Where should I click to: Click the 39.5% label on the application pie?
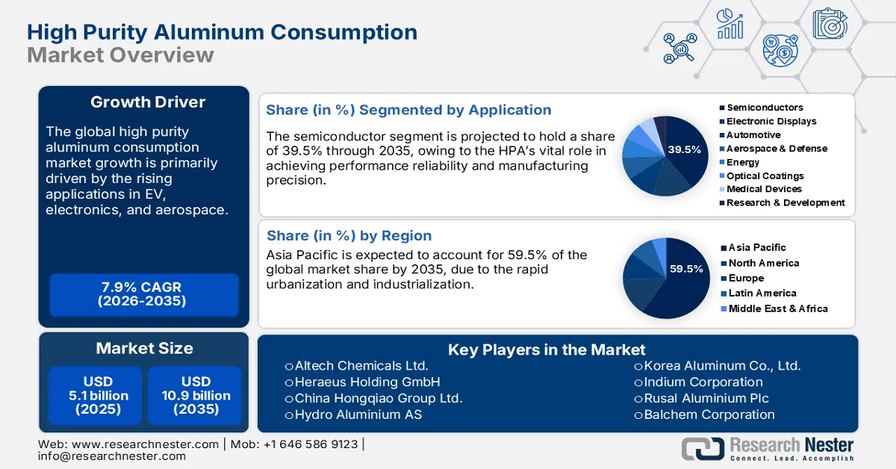(685, 149)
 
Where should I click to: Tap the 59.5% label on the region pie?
(687, 269)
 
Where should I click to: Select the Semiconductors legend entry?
(765, 108)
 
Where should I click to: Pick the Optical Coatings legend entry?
(765, 176)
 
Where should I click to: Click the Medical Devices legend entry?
(764, 189)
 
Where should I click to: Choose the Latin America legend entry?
(762, 293)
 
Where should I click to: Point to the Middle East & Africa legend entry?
(777, 308)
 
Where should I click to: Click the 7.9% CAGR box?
(144, 294)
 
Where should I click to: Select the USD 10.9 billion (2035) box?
(196, 395)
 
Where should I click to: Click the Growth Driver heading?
(148, 102)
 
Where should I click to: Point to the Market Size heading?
(144, 348)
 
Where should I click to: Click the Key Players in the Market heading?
(547, 350)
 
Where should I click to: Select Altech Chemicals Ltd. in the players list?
(361, 366)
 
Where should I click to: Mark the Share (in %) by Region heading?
(349, 235)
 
